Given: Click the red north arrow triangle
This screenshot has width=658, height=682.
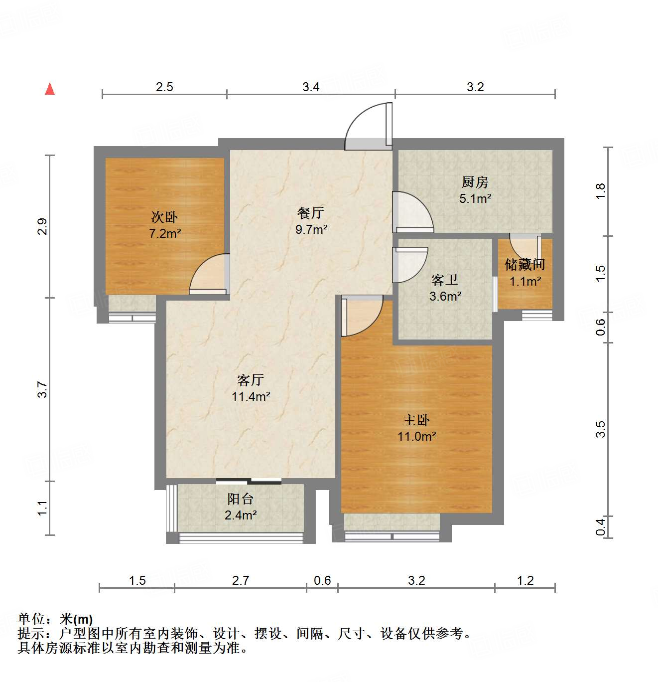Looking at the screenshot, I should click(50, 89).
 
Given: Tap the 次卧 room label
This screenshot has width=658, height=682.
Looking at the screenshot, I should click(164, 217).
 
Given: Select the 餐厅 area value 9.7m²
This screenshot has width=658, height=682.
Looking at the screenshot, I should click(311, 229).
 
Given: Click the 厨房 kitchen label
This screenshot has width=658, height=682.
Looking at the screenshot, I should click(475, 182).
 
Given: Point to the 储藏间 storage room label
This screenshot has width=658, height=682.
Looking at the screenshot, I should click(525, 264).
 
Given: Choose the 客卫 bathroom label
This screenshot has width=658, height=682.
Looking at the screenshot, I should click(445, 280).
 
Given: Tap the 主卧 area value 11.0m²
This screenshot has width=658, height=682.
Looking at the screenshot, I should click(416, 437).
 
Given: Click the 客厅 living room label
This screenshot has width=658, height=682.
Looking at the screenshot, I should click(251, 380).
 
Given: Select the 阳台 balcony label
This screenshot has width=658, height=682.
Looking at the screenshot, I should click(241, 499).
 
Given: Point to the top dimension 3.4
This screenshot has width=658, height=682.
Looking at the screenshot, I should click(311, 87).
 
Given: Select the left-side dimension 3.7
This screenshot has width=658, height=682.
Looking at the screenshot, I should click(43, 389).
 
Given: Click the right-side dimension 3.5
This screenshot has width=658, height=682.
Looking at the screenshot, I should click(601, 429).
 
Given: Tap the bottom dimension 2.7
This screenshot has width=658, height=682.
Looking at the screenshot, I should click(241, 581).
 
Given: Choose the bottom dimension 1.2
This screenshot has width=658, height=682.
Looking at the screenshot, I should click(525, 581).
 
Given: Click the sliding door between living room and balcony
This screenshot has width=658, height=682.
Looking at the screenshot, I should click(249, 481).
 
